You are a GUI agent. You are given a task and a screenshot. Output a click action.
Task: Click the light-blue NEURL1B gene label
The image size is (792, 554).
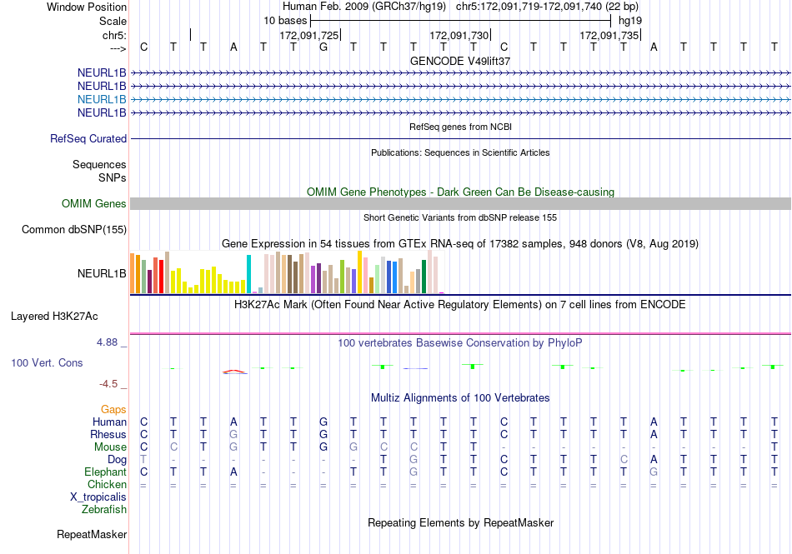[102, 99]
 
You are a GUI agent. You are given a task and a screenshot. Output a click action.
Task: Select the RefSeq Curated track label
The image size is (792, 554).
[88, 139]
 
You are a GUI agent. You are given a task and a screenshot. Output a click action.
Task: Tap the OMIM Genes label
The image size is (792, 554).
[94, 203]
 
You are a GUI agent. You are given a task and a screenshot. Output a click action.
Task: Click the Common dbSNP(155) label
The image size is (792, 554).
[74, 230]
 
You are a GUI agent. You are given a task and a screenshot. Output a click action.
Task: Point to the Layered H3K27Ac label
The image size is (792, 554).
[54, 317]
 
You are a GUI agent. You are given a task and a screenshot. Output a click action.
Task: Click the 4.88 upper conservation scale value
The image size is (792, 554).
[107, 342]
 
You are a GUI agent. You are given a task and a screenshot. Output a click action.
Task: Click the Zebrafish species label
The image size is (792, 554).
[104, 510]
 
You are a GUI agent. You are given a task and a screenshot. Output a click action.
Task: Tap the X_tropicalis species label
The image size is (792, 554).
[98, 497]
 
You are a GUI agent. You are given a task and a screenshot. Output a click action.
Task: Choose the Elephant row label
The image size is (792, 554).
[105, 472]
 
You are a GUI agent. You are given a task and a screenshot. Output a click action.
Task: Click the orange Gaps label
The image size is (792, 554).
[113, 409]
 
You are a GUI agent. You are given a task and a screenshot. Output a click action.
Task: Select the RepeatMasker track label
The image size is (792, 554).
[92, 534]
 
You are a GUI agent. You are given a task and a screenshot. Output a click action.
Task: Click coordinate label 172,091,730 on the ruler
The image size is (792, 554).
[459, 35]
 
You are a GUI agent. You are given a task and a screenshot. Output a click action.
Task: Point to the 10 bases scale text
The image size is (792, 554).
[285, 21]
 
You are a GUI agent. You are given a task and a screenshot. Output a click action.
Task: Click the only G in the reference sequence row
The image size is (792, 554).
[323, 47]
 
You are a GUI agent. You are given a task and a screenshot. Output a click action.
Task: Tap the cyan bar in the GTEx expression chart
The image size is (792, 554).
[248, 274]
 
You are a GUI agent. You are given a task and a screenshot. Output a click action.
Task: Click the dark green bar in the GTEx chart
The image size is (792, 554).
[424, 277]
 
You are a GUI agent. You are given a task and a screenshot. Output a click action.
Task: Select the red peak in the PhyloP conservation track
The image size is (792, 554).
[234, 372]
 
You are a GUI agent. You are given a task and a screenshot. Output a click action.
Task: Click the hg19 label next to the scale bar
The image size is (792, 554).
[630, 21]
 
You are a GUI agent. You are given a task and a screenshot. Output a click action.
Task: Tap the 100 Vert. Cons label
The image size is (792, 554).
[47, 362]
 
